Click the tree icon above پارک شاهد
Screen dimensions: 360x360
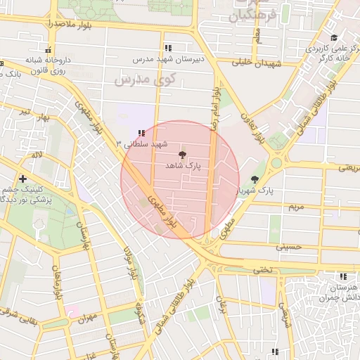[183, 155]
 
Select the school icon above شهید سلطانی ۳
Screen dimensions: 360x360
[141, 132]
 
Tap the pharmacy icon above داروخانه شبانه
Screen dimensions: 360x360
[48, 49]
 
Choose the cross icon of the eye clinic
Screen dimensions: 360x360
[23, 179]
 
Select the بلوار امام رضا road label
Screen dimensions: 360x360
[215, 105]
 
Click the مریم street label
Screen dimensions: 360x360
[296, 207]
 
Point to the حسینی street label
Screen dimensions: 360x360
[288, 247]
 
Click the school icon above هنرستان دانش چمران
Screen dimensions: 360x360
[344, 276]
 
